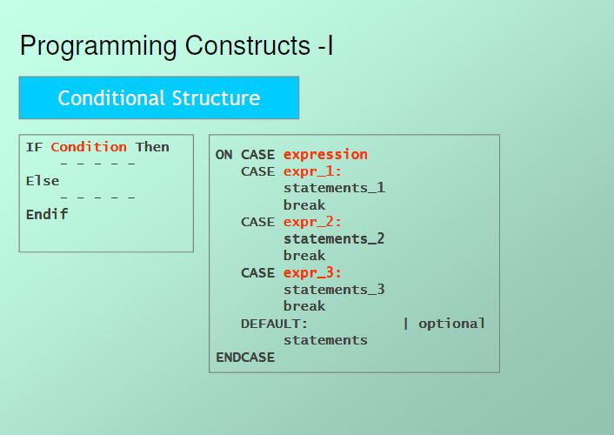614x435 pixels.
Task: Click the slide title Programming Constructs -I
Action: coord(177,46)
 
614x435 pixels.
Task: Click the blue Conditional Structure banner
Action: coord(159,97)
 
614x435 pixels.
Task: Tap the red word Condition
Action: coord(89,147)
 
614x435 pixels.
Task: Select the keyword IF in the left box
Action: coord(34,147)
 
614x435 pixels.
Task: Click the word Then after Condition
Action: coord(152,147)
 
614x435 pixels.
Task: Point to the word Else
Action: coord(43,181)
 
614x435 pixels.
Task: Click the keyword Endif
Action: coord(47,214)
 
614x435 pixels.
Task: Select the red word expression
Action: coord(325,155)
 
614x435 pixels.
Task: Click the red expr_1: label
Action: coord(312,171)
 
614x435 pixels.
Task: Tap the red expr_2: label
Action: coord(312,222)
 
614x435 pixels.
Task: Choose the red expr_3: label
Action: coord(312,273)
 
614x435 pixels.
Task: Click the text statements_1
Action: coord(334,188)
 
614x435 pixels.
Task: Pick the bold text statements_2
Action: coord(334,238)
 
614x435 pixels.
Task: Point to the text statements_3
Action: coord(334,290)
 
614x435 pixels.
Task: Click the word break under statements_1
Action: coord(304,205)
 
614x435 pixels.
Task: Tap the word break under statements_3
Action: coord(304,306)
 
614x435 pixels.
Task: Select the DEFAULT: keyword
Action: coord(275,324)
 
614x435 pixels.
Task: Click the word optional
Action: coord(451,324)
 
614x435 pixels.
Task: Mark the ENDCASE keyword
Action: coord(245,358)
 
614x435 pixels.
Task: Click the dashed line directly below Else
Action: coord(97,197)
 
